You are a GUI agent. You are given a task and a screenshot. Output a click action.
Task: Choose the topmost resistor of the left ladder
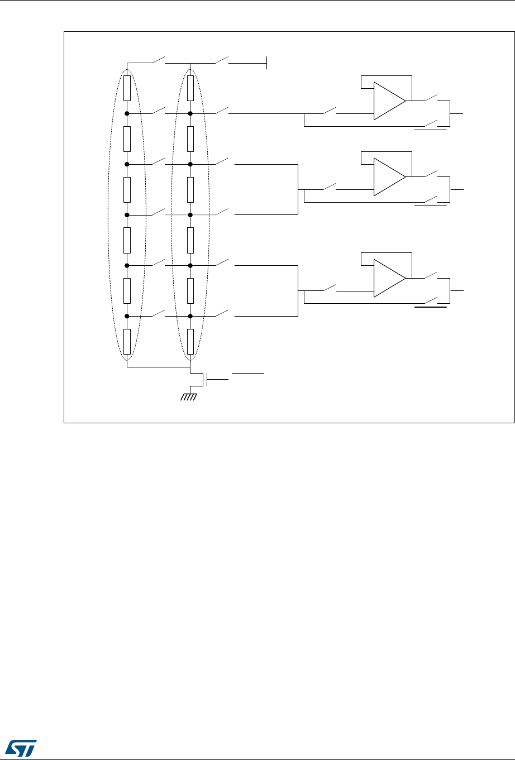click(127, 88)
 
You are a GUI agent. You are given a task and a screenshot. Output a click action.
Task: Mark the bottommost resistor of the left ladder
click(127, 342)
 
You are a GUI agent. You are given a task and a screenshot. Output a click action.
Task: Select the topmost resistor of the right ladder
click(190, 88)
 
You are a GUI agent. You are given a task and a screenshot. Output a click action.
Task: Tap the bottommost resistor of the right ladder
click(190, 342)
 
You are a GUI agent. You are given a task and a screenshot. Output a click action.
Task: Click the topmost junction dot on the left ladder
click(127, 113)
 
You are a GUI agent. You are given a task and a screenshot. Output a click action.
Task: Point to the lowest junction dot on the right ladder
click(190, 316)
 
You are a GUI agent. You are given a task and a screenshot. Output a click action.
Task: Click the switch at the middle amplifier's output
click(431, 174)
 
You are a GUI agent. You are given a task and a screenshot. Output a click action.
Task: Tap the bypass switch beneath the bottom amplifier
click(431, 302)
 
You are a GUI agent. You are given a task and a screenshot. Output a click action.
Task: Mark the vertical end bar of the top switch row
click(267, 63)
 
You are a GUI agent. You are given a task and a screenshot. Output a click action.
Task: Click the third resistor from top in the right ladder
click(190, 189)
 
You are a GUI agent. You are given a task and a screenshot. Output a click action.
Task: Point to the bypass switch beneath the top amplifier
click(431, 125)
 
